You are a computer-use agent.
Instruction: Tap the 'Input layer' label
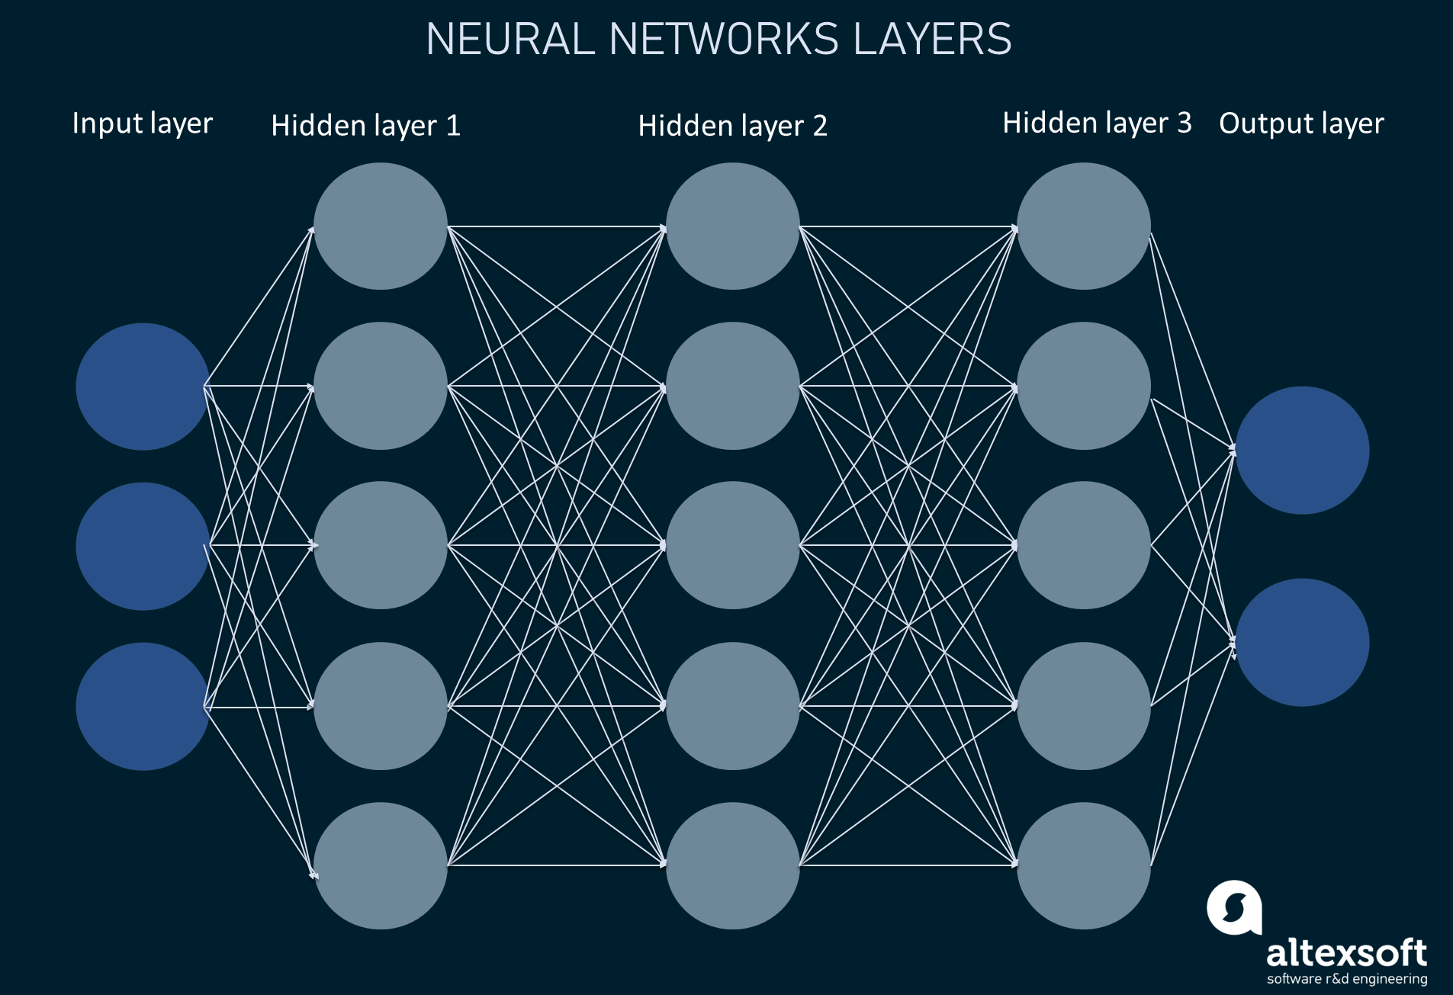(143, 124)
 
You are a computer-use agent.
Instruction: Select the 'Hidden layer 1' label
(366, 126)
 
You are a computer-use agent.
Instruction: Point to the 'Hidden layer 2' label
(732, 126)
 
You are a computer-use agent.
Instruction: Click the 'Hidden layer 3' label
(1097, 123)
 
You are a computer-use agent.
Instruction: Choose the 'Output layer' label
(1301, 124)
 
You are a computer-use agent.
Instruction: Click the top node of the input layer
(143, 387)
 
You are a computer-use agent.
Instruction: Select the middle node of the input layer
(143, 546)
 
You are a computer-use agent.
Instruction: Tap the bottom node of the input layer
(143, 706)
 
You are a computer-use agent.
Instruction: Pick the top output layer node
(1302, 450)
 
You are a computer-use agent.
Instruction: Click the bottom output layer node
(1302, 642)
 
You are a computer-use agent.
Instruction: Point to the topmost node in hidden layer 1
(380, 226)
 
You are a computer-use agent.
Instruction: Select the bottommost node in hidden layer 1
(380, 865)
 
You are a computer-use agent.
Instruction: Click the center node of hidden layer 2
(732, 545)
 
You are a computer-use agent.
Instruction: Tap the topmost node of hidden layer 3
(1083, 226)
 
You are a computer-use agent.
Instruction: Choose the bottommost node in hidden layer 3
(1083, 865)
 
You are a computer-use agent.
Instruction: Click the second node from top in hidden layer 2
(732, 386)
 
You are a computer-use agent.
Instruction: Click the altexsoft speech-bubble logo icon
(1233, 907)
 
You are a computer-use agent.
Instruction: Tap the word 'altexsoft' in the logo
(1346, 953)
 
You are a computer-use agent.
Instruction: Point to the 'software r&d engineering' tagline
(1347, 979)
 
